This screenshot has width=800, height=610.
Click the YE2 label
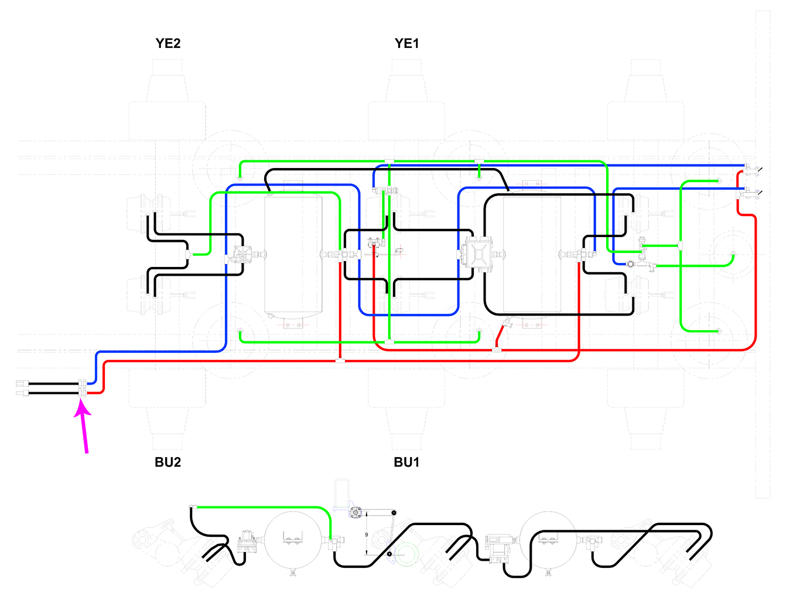click(168, 43)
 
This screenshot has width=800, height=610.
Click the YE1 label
click(407, 43)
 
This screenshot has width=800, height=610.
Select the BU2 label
click(168, 462)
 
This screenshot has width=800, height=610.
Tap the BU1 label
click(407, 462)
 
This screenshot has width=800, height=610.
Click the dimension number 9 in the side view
click(367, 534)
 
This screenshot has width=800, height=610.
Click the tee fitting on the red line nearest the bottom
click(340, 360)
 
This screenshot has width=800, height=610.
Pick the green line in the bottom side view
click(264, 507)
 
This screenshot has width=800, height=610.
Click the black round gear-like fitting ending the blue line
click(630, 264)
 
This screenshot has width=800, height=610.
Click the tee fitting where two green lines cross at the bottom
click(389, 341)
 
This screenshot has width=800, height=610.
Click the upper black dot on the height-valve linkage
click(394, 513)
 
